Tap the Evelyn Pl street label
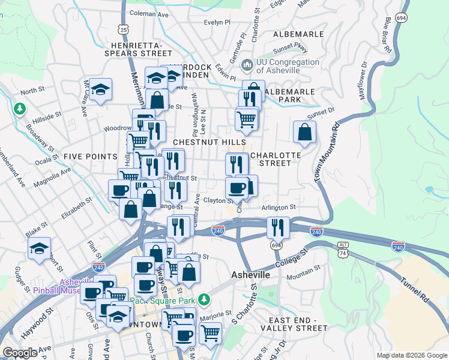click(x=217, y=22)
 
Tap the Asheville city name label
click(x=250, y=274)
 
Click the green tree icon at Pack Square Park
click(x=205, y=298)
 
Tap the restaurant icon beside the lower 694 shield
click(x=278, y=227)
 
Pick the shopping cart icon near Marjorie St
click(x=210, y=332)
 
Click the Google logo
click(x=20, y=353)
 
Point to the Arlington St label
click(x=279, y=207)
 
